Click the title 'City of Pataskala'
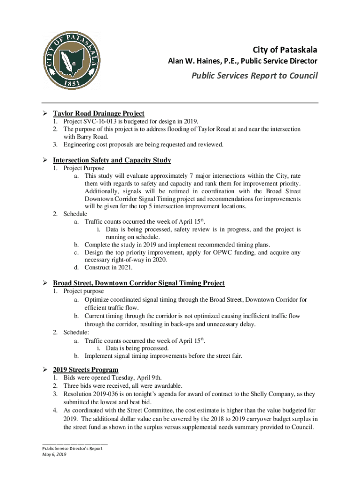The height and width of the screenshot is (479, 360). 285,50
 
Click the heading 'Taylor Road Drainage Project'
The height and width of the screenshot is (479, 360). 98,113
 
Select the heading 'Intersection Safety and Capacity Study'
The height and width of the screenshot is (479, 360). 112,160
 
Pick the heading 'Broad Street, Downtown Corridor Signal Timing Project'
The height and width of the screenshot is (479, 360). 138,283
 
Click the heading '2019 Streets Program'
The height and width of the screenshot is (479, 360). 85,370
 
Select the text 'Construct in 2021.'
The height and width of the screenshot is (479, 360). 108,268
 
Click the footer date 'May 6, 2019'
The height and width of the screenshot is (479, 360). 55,454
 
